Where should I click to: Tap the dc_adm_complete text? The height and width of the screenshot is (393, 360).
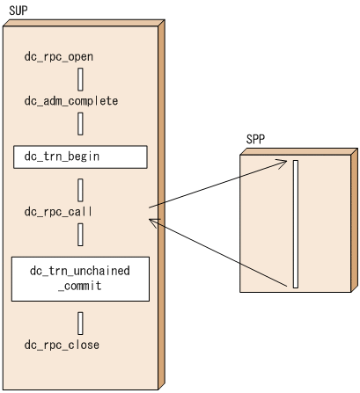(71, 101)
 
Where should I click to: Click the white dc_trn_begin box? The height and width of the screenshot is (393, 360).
(80, 156)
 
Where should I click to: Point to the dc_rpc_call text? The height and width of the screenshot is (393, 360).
(58, 211)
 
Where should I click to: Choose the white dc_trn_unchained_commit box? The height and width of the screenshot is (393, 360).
(80, 278)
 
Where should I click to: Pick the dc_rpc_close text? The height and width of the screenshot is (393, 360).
(62, 344)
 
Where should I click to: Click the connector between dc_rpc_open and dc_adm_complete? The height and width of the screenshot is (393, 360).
(80, 79)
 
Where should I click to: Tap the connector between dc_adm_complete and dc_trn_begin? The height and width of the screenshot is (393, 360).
(80, 123)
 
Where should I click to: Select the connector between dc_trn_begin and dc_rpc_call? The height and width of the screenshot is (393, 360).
(80, 189)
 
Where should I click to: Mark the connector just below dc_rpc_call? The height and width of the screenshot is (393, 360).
(80, 234)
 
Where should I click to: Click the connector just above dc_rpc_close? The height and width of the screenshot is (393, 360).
(80, 321)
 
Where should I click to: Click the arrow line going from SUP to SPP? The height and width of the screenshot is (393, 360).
(220, 184)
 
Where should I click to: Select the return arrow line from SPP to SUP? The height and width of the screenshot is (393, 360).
(220, 254)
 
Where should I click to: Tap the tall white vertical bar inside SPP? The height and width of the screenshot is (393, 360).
(297, 223)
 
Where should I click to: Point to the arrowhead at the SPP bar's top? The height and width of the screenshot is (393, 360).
(283, 162)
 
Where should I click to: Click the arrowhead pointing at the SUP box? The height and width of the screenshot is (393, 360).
(154, 223)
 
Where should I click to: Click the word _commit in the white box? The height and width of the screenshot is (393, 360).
(80, 286)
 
